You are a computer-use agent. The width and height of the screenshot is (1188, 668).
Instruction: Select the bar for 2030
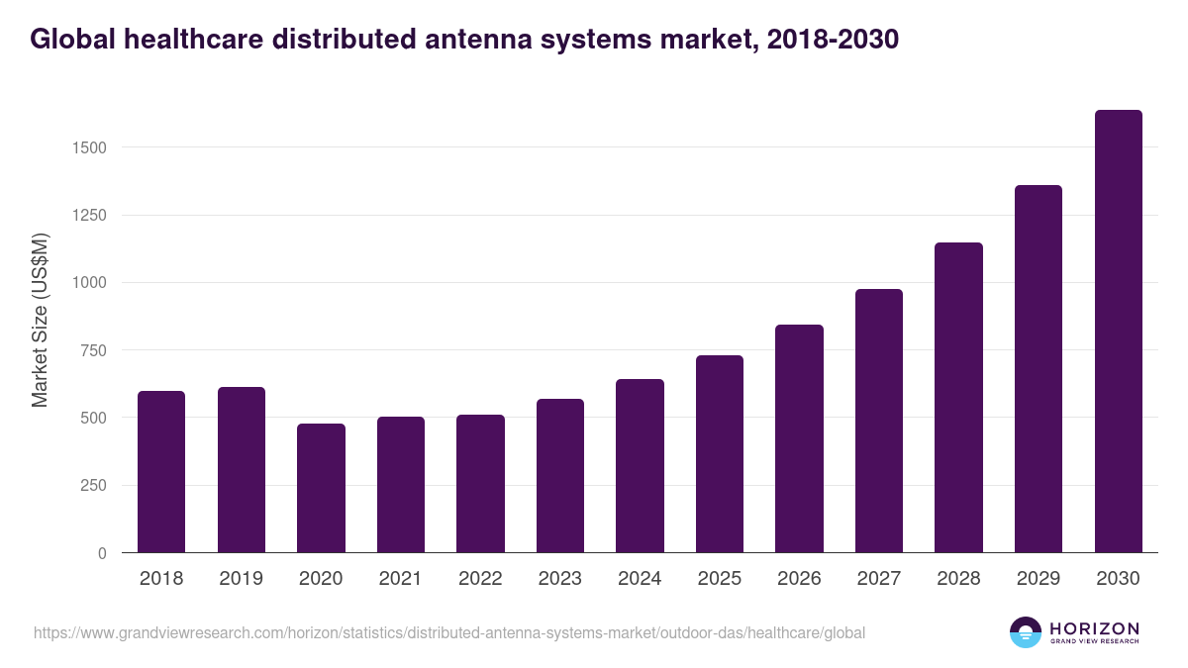(x=1118, y=332)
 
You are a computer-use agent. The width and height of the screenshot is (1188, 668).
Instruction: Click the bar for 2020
(x=321, y=488)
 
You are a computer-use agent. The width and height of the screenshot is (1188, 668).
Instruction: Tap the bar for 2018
(x=161, y=472)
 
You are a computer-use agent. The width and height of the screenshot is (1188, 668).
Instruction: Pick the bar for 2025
(x=720, y=454)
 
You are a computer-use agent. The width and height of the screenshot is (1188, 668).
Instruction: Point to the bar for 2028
(x=958, y=398)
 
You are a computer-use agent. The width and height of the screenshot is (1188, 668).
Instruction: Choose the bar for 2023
(x=560, y=476)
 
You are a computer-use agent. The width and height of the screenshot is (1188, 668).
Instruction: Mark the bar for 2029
(x=1039, y=369)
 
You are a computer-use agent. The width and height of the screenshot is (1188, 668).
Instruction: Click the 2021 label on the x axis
(x=401, y=579)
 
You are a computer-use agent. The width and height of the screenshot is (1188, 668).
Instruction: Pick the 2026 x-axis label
(x=799, y=579)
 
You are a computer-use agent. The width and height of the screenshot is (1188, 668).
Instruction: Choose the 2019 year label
(x=242, y=579)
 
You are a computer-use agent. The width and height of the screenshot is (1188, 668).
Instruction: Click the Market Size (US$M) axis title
(x=40, y=320)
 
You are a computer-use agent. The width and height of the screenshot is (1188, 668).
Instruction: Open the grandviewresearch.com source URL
(x=449, y=632)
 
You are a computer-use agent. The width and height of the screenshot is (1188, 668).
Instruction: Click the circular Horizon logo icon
(x=1026, y=632)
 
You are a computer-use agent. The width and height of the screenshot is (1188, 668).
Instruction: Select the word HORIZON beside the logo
(x=1094, y=628)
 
